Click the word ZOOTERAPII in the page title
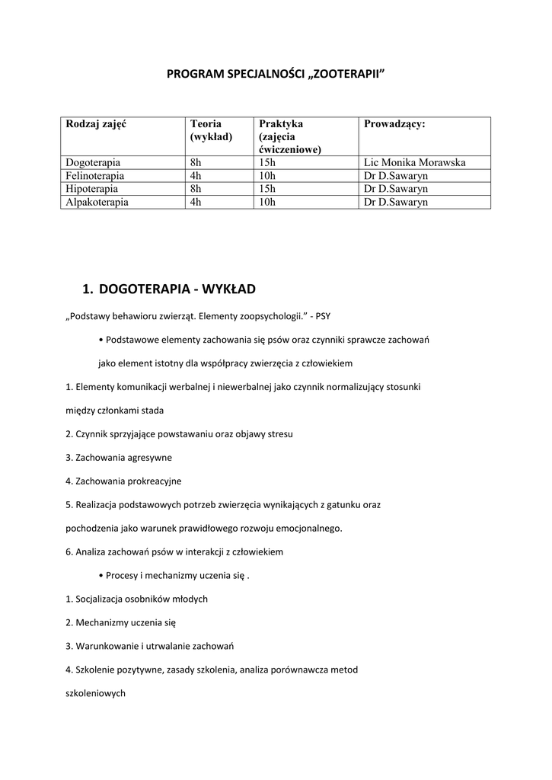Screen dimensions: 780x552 pos(346,74)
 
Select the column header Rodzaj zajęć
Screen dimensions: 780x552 pos(96,124)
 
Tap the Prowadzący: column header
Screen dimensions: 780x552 pos(394,124)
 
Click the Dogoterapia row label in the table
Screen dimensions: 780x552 pos(93,162)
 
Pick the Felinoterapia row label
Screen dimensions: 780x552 pos(95,175)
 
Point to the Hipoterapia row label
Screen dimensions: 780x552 pos(91,188)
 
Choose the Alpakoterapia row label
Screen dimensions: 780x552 pos(97,202)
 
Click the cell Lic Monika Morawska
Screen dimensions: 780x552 pos(415,162)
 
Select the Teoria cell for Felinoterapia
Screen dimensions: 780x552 pos(196,175)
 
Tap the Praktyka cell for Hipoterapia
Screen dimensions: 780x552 pos(266,188)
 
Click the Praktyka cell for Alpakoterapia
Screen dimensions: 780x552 pos(266,202)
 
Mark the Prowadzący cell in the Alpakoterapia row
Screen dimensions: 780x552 pos(396,202)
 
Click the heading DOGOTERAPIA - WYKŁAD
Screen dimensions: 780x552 pos(177,289)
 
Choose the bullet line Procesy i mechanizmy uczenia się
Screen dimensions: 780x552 pos(174,575)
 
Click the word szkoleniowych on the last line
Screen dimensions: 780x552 pos(95,694)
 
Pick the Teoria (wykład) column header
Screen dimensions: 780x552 pos(211,130)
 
